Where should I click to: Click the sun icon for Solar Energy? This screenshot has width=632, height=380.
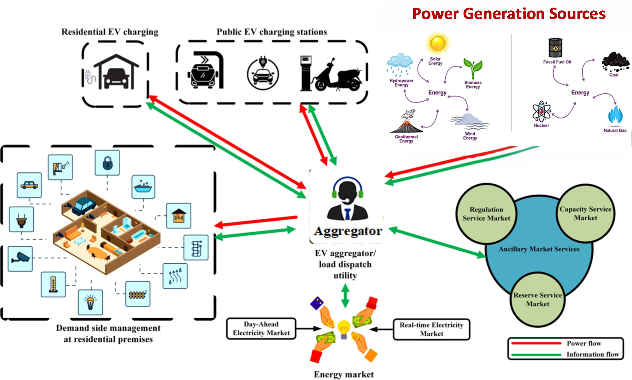click(437, 43)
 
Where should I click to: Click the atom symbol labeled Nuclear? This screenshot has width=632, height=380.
click(541, 111)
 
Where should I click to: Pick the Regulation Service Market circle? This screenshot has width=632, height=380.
click(486, 214)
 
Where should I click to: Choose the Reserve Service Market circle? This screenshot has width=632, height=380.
click(538, 300)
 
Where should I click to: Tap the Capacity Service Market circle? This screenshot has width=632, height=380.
click(585, 214)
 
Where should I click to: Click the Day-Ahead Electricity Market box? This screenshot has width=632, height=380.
click(261, 328)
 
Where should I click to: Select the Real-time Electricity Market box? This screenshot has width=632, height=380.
click(431, 329)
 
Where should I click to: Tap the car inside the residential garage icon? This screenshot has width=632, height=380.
click(116, 77)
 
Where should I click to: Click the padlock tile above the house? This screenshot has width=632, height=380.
click(107, 163)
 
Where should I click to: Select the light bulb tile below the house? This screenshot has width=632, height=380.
click(90, 302)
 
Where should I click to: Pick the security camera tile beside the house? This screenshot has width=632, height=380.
click(20, 259)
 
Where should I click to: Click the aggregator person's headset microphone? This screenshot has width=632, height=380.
click(347, 200)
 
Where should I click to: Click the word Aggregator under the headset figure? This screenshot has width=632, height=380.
click(348, 231)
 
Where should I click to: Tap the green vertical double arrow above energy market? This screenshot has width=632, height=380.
click(345, 296)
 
